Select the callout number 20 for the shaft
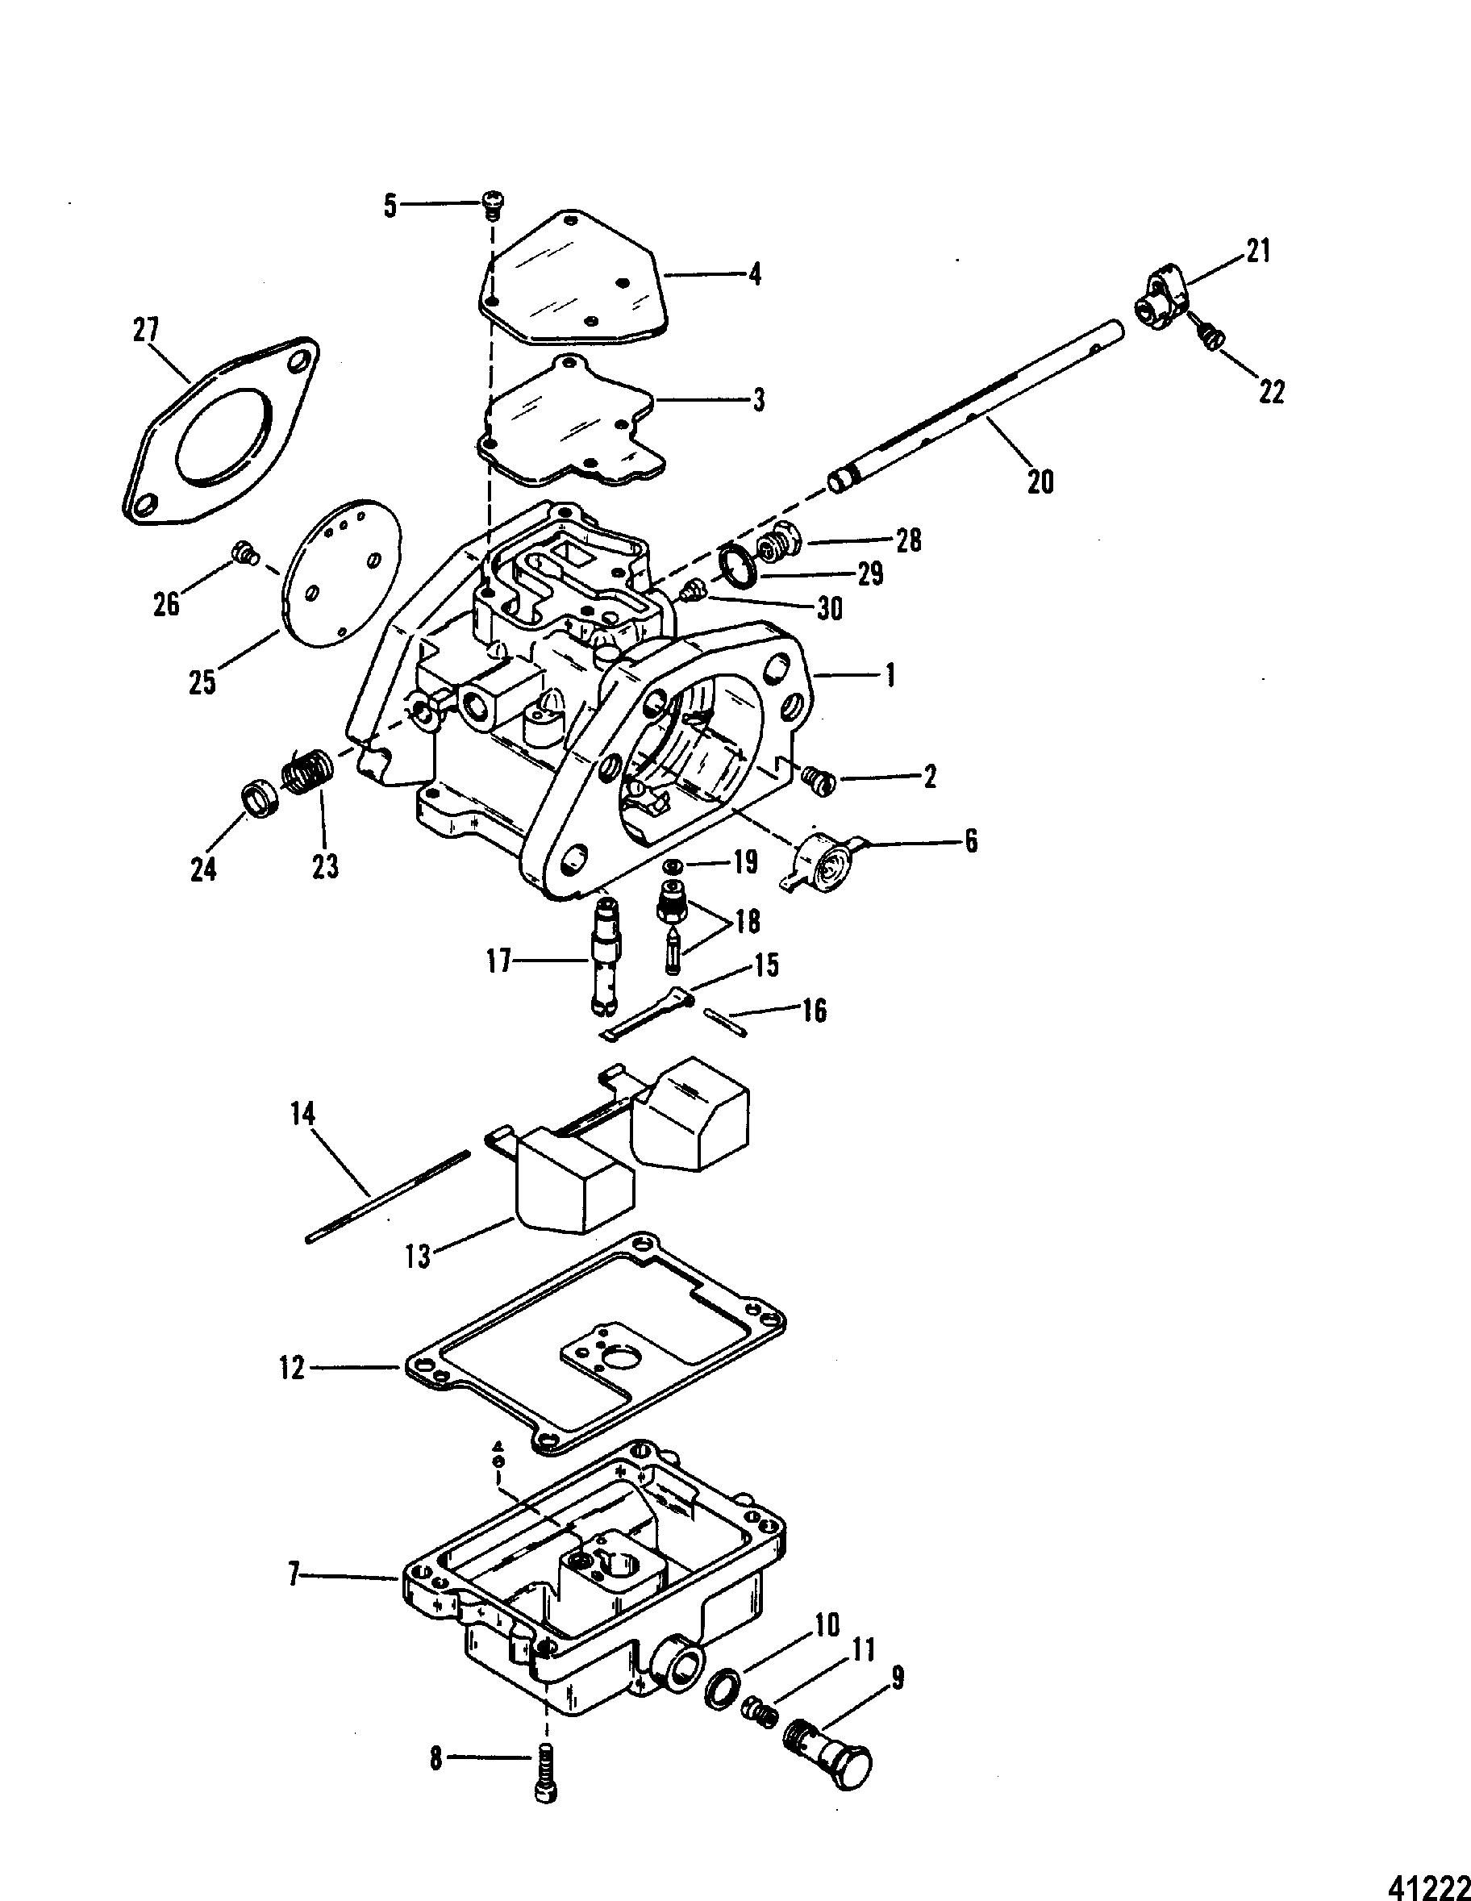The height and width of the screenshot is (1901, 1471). click(x=1040, y=481)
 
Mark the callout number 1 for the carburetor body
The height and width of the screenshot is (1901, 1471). click(x=889, y=675)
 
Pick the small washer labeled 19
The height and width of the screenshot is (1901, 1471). click(x=671, y=867)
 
